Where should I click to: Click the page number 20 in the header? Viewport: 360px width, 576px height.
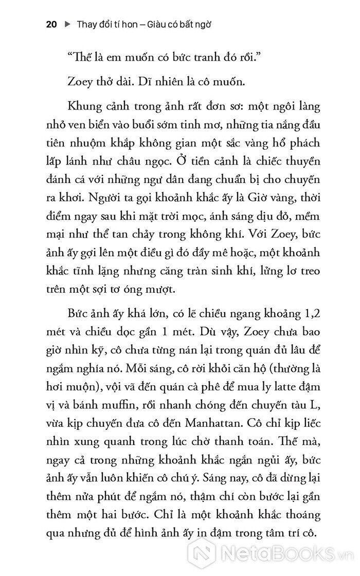pyautogui.click(x=51, y=24)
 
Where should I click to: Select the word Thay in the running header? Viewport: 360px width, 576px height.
pyautogui.click(x=86, y=24)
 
